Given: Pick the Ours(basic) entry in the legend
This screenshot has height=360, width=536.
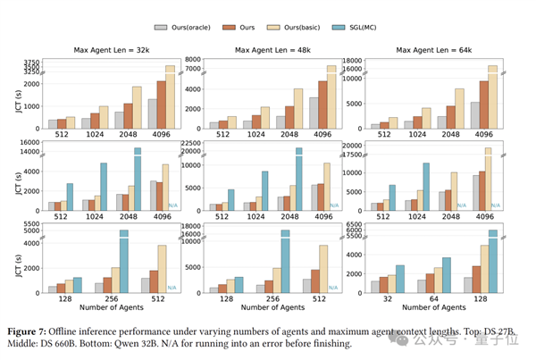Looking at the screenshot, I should [x=285, y=28].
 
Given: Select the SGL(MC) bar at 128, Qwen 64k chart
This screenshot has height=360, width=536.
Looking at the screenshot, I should [x=492, y=260].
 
